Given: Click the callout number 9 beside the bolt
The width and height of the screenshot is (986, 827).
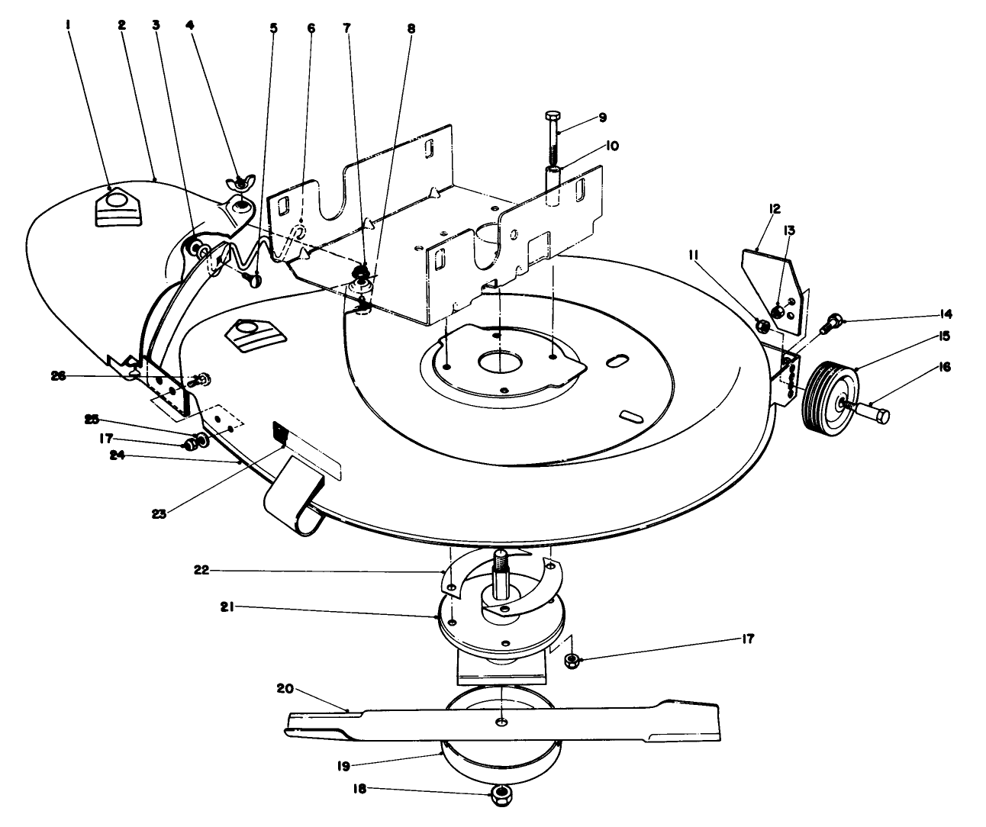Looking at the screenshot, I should (x=602, y=117).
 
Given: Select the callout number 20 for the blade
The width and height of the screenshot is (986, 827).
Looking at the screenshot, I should (x=284, y=687).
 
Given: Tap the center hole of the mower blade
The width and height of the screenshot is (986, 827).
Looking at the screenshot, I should (x=499, y=722).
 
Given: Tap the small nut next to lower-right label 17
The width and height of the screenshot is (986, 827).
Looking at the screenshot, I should (x=571, y=659).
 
